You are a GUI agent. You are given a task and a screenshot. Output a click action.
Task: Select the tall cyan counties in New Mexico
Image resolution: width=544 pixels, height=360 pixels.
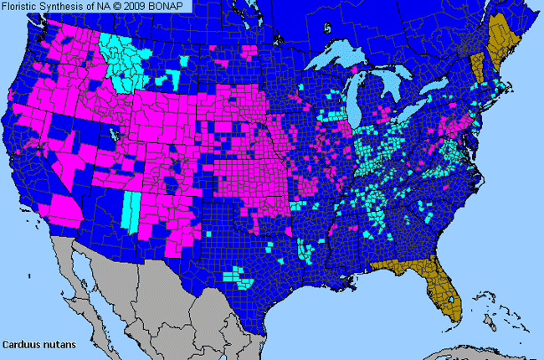pyautogui.click(x=131, y=209)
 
